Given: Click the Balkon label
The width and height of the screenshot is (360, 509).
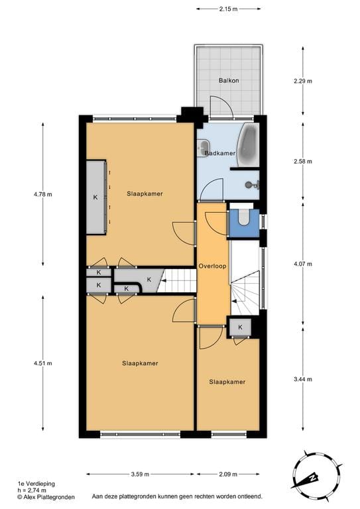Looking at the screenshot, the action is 229,80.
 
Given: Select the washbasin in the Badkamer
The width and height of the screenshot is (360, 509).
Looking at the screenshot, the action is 204,148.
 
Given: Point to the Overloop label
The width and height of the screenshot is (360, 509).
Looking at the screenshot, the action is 212,266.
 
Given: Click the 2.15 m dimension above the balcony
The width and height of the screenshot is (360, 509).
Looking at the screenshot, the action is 228,9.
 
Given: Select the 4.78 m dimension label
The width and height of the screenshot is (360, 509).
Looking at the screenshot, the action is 43,194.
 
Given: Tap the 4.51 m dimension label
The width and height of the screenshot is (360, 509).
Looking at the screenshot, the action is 43,363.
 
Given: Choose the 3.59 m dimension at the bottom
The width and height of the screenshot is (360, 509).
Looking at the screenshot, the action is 140,475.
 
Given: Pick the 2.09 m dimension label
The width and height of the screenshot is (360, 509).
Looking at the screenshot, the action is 228,475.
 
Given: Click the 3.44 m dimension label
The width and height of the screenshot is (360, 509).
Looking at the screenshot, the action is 303,379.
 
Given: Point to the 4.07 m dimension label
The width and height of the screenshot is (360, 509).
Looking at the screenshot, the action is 303,264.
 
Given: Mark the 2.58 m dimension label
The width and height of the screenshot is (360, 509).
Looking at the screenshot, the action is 303,161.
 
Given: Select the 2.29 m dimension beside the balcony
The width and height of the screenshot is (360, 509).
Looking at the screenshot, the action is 303,81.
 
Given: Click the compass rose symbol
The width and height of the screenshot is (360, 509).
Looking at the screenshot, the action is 316,475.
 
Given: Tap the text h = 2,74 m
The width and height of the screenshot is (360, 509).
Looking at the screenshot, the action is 32,490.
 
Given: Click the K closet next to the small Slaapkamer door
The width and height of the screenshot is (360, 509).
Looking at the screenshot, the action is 240,327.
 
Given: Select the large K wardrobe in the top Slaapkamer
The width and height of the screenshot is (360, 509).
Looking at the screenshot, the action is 96,197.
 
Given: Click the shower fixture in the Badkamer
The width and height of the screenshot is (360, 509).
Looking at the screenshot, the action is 252,185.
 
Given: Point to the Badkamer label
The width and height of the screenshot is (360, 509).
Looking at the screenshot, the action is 219,153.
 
